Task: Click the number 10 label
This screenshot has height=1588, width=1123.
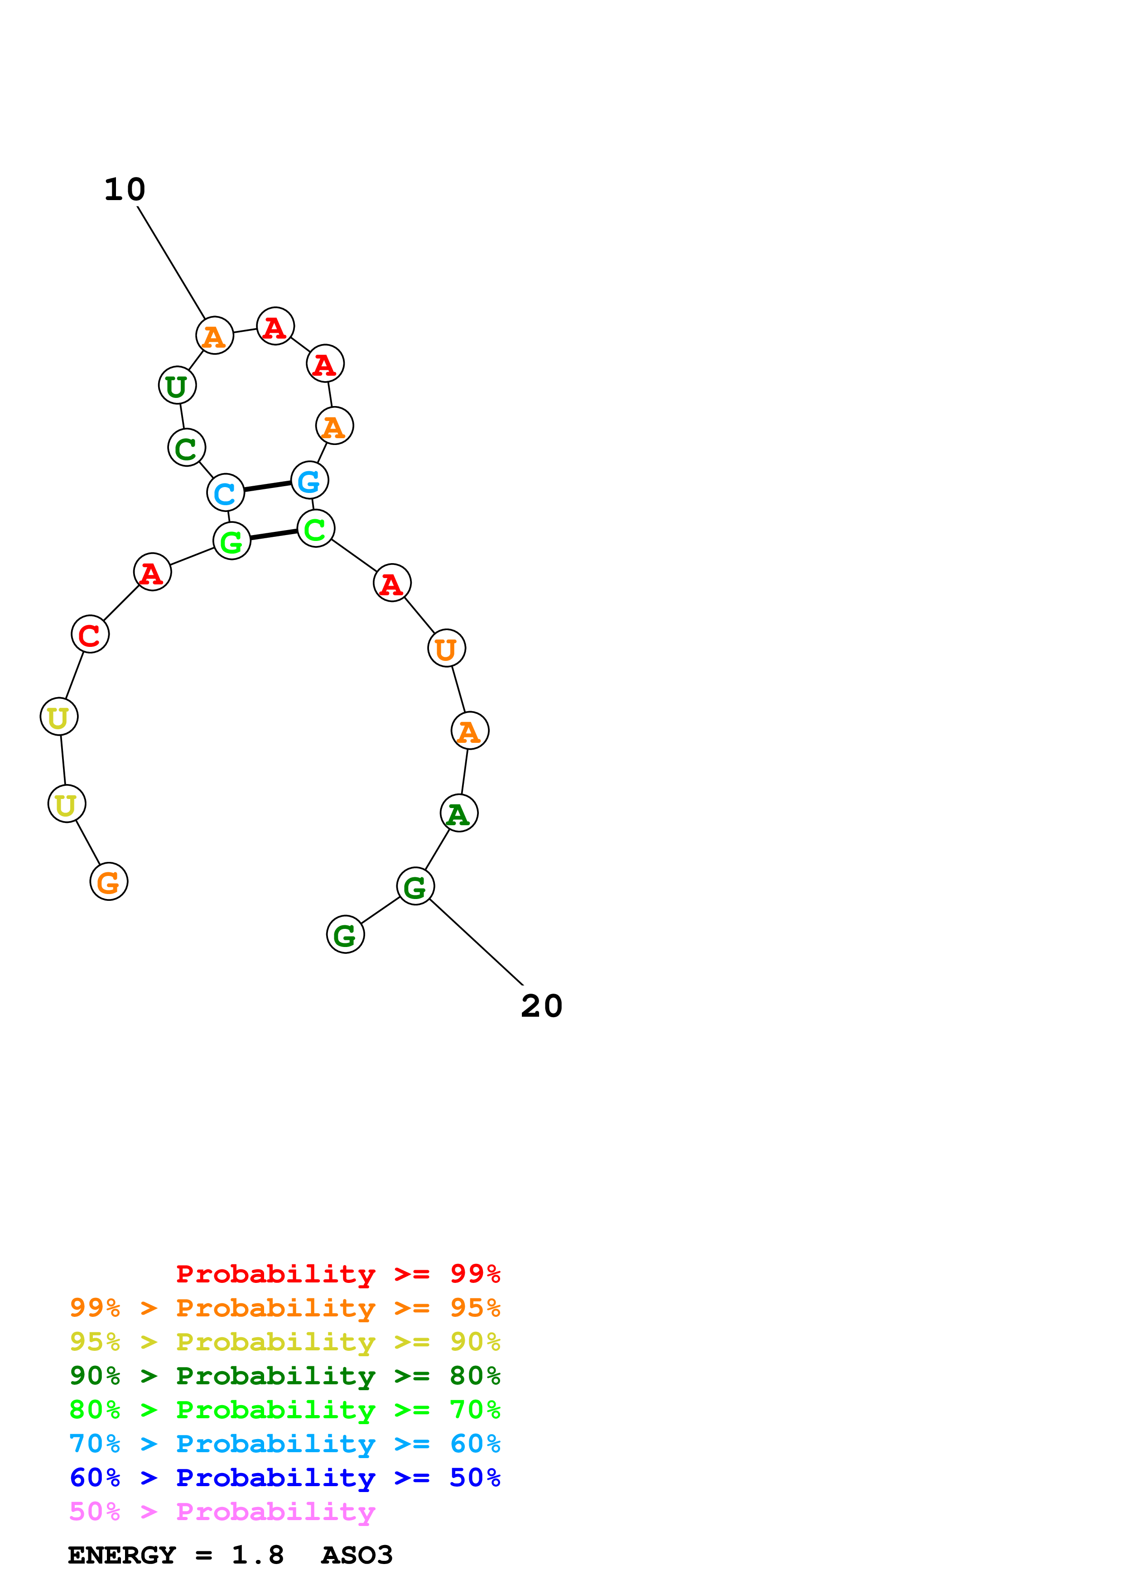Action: tap(125, 190)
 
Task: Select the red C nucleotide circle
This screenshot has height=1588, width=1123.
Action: tap(90, 634)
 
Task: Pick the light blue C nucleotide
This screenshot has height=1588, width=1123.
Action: tap(226, 493)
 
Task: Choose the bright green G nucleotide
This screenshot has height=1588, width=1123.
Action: tap(232, 541)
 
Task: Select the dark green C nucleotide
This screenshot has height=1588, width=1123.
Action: tap(186, 448)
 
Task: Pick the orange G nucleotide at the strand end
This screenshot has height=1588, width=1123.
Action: tap(109, 882)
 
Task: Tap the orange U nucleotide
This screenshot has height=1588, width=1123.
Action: tap(446, 648)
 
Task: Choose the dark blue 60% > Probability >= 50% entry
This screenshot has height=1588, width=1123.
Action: tap(284, 1478)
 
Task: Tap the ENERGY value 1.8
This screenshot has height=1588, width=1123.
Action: tap(257, 1555)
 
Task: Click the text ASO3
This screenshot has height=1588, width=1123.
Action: tap(357, 1555)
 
